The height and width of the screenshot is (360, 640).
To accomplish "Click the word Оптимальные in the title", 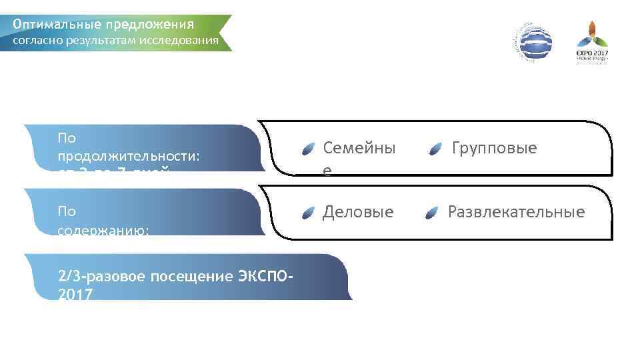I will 56,25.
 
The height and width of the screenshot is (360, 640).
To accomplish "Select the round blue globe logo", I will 532,43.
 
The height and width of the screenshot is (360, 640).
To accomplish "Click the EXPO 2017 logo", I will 592,43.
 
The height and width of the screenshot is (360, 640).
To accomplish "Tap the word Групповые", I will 494,148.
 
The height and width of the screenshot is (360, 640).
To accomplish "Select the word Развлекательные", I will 516,212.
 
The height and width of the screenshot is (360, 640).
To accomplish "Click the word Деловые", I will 358,212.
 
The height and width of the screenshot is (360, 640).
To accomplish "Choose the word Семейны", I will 359,148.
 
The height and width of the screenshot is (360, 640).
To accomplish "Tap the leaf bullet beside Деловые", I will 307,213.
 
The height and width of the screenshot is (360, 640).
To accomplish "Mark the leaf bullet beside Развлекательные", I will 432,213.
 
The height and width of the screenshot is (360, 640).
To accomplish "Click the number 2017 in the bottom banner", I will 75,294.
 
